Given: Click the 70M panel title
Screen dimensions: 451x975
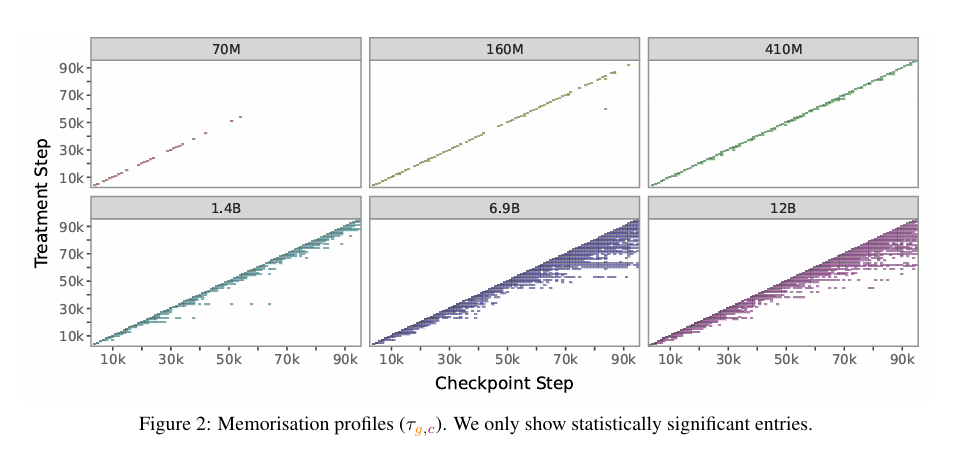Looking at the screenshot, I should (x=225, y=48).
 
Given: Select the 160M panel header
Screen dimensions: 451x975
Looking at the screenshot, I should (x=504, y=48).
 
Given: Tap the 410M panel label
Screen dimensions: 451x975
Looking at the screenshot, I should (x=783, y=48).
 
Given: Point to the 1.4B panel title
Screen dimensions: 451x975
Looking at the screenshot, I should (x=225, y=207).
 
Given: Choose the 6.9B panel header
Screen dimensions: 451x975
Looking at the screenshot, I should (x=504, y=207).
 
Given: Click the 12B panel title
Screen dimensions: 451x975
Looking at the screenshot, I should (x=783, y=207).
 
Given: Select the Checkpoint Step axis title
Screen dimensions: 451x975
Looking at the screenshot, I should (x=504, y=383).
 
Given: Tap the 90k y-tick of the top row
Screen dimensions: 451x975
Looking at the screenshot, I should (x=70, y=68).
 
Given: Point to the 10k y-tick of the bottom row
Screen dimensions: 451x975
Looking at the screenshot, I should (x=70, y=336).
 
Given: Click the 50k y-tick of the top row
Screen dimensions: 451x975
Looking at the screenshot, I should (x=70, y=123).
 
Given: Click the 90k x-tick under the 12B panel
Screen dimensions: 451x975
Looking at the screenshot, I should (x=904, y=358).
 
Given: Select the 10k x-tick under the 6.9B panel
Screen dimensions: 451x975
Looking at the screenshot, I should (x=392, y=358).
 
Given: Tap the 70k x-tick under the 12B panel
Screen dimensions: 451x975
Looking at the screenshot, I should (x=846, y=358).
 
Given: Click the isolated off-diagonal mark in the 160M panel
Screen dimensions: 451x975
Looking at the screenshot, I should (x=606, y=108).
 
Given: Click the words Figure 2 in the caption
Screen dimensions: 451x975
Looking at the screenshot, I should (x=174, y=424).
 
